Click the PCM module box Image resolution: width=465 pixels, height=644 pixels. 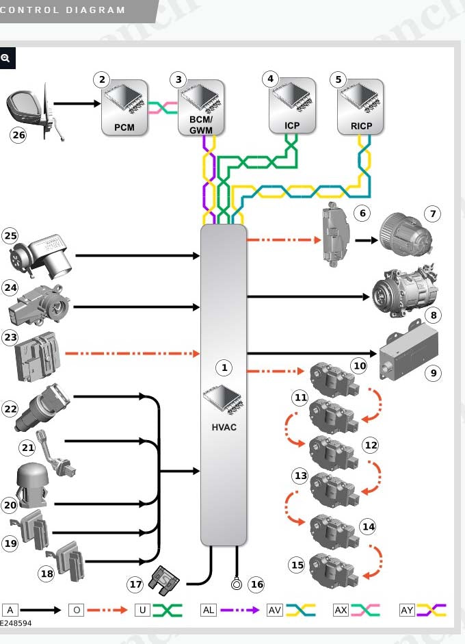click(124, 107)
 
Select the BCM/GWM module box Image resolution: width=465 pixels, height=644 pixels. click(201, 107)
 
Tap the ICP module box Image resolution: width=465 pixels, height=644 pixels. click(292, 105)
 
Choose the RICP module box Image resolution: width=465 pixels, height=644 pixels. click(360, 107)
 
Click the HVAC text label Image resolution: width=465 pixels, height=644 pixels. click(224, 427)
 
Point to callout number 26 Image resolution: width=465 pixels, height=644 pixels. click(18, 135)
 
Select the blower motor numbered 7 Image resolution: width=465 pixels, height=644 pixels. click(406, 235)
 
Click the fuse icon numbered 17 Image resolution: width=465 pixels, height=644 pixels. click(163, 580)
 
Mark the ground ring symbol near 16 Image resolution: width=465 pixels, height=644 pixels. click(237, 584)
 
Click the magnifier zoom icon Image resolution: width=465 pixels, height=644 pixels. click(5, 58)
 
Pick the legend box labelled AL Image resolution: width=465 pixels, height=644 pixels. click(208, 610)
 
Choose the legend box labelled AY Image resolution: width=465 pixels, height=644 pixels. click(407, 610)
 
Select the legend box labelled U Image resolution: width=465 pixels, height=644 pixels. click(142, 610)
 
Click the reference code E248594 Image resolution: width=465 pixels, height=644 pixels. click(16, 623)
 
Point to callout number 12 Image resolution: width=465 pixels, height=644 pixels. click(371, 446)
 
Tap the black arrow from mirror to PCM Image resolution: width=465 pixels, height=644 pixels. click(77, 103)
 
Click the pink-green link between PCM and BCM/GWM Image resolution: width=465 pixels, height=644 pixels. click(163, 107)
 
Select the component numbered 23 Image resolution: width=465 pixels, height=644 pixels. click(38, 356)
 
